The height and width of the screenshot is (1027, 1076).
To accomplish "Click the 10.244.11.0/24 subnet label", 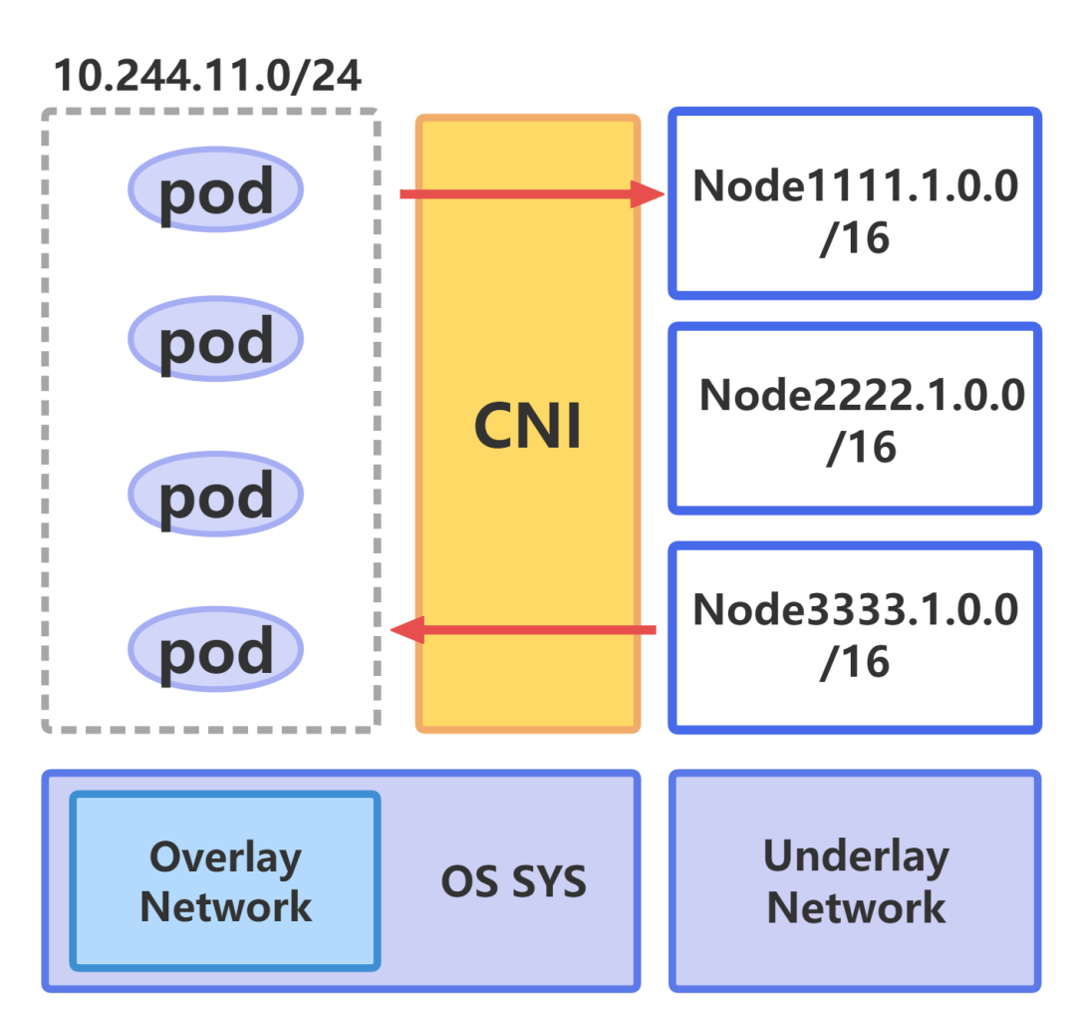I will click(206, 76).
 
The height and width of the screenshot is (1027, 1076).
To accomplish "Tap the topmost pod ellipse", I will click(215, 189).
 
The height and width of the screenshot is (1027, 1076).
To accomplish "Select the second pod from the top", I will click(215, 339).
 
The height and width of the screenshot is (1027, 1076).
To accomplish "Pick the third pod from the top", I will click(215, 495).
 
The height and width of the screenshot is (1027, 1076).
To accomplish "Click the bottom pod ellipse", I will click(215, 649).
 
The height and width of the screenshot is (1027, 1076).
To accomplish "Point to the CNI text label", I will click(527, 427).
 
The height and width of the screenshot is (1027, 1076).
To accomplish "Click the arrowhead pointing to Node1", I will click(648, 194).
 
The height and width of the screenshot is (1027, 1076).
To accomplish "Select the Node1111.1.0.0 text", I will click(856, 185).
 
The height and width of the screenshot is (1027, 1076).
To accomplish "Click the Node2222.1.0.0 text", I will click(862, 396).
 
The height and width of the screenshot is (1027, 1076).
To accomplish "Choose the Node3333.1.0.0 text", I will click(856, 609).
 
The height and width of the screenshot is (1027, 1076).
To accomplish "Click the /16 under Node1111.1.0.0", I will click(854, 238).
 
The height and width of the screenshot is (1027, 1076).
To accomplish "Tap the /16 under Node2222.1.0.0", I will click(861, 448).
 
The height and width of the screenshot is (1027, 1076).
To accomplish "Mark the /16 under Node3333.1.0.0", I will click(854, 662).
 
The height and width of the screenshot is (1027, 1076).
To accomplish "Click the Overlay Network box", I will click(225, 880).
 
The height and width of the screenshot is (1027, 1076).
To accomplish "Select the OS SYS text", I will click(513, 881).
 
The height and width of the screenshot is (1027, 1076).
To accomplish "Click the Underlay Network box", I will click(855, 881).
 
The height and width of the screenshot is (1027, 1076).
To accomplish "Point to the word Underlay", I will click(856, 856).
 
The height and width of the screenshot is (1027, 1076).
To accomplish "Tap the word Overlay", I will click(225, 856).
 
